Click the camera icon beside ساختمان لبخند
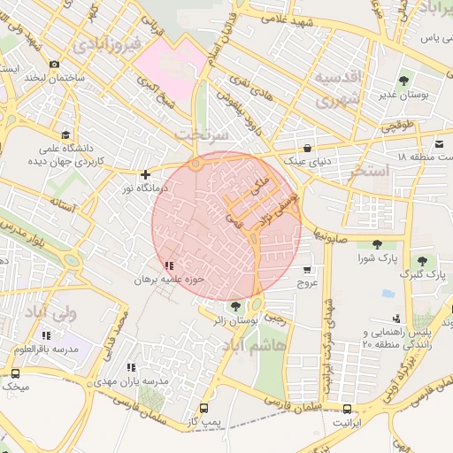(x=55, y=64)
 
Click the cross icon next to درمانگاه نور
(x=146, y=175)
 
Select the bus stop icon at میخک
(x=16, y=373)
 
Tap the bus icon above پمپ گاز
(x=204, y=409)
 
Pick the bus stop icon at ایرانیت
(x=346, y=409)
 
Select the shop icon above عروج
(x=307, y=270)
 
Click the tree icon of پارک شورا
(x=378, y=244)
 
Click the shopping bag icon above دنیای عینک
(x=307, y=148)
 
